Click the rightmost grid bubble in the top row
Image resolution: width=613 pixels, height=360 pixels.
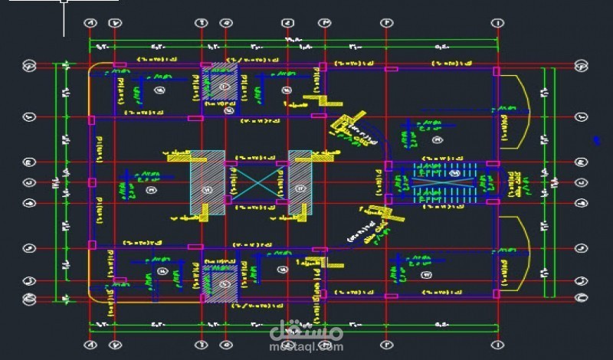click(497, 25)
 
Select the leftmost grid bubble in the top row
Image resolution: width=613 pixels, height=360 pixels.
click(90, 25)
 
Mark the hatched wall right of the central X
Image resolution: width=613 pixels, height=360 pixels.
click(300, 184)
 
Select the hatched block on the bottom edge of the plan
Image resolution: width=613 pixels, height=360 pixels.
click(220, 280)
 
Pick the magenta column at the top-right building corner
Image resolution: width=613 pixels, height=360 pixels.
click(497, 71)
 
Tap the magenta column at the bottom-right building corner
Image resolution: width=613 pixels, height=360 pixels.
click(497, 295)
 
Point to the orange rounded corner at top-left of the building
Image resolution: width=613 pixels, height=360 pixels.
click(95, 72)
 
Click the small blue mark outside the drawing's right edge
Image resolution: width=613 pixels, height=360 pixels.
click(595, 140)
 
